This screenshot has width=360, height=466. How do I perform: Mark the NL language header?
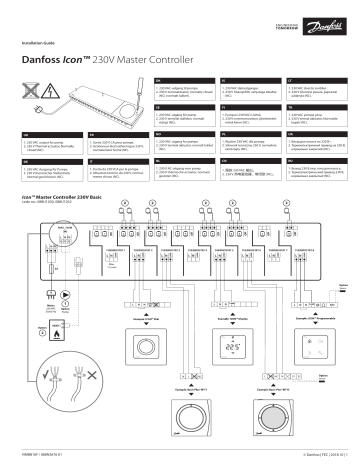point(194,159)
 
